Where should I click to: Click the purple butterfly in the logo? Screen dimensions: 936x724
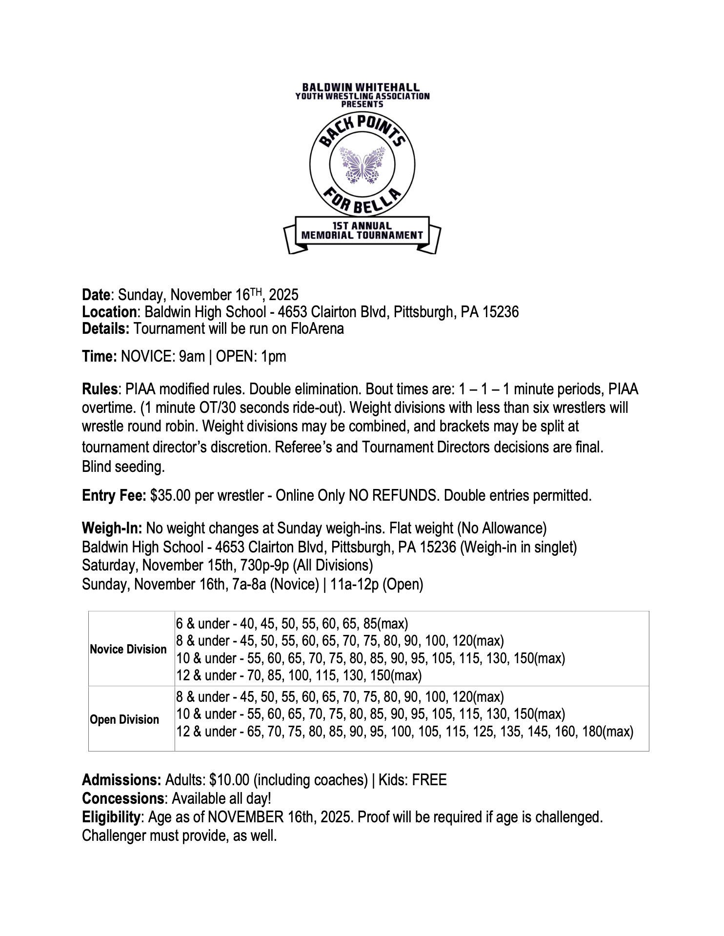tap(362, 165)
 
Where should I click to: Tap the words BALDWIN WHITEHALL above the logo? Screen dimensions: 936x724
tap(362, 88)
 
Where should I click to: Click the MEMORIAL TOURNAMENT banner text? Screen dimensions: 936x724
tap(362, 235)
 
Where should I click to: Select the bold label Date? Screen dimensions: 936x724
tap(96, 295)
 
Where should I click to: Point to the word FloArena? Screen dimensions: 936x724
tap(317, 329)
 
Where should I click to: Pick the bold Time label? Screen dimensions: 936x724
tap(99, 357)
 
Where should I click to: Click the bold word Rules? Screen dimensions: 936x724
tap(100, 389)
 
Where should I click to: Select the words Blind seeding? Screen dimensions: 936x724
tap(123, 467)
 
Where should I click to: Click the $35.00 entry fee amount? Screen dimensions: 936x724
tap(170, 496)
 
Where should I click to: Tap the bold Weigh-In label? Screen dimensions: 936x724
tap(112, 529)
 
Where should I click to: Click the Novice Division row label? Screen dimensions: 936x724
tap(128, 650)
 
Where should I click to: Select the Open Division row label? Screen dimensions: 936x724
tap(124, 720)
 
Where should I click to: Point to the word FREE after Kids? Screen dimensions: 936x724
tap(429, 780)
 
